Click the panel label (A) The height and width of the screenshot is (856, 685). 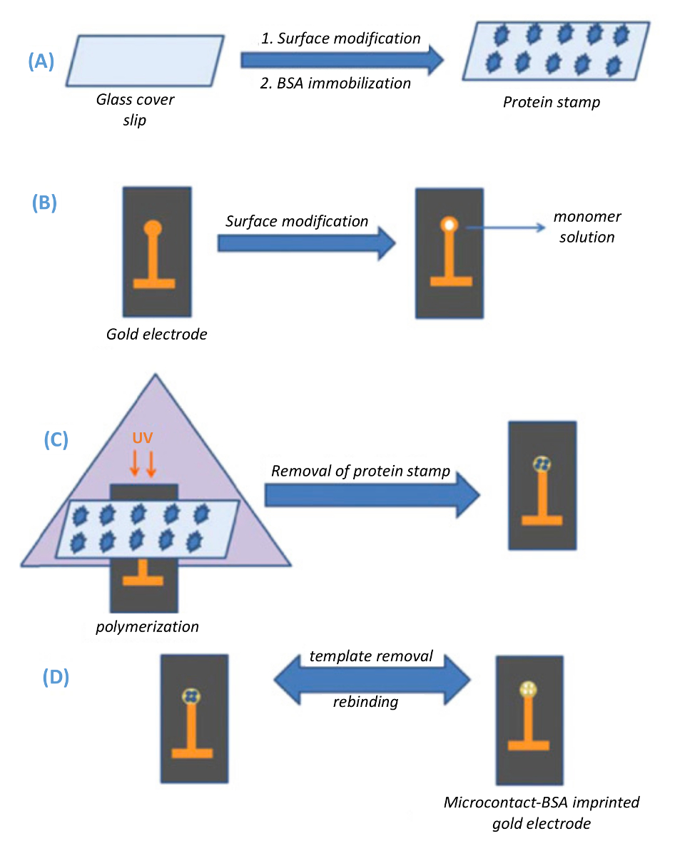[41, 62]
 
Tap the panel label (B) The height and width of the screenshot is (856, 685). [44, 203]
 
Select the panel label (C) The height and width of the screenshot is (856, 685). [56, 439]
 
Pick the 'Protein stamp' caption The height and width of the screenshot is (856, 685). [551, 102]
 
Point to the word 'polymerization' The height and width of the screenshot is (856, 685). [147, 627]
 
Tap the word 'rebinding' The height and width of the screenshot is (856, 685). [365, 702]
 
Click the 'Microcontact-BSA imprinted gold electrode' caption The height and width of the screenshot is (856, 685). [542, 812]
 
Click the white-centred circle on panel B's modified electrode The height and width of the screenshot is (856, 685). [449, 225]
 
